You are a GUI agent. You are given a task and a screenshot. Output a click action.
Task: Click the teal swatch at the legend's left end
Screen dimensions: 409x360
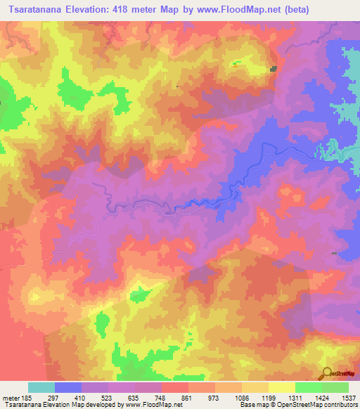(41, 387)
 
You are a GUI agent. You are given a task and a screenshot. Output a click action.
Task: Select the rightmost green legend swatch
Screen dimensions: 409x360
(335, 387)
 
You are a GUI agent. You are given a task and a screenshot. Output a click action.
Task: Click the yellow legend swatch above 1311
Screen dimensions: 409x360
(282, 387)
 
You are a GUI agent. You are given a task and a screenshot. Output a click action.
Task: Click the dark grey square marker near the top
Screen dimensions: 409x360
(273, 68)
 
